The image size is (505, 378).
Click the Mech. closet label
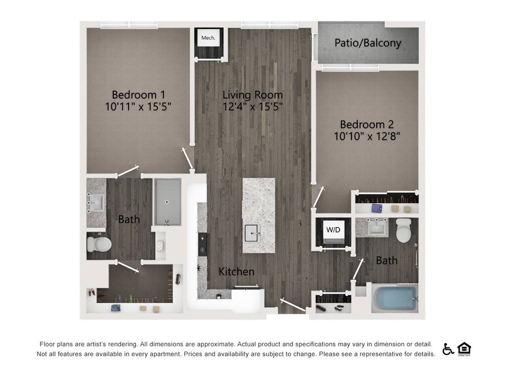coord(208,38)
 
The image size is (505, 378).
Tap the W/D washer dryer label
coord(333,230)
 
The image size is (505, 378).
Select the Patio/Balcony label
coord(368,43)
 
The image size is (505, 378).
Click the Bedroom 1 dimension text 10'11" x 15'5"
coord(138,106)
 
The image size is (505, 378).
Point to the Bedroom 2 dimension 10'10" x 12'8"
coord(367,136)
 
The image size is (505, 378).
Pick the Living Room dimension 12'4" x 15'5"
coord(252,106)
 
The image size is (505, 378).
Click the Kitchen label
coord(236,271)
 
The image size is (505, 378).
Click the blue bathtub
coord(395,298)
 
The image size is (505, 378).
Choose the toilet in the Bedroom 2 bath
coord(404,230)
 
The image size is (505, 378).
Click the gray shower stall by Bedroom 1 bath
coord(167,202)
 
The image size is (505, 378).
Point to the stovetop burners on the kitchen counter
coord(202,243)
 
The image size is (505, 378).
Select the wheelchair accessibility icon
coord(448,349)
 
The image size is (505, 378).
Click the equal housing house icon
coord(464,348)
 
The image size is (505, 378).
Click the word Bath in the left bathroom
coord(129,219)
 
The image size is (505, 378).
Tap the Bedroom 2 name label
coord(367,124)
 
